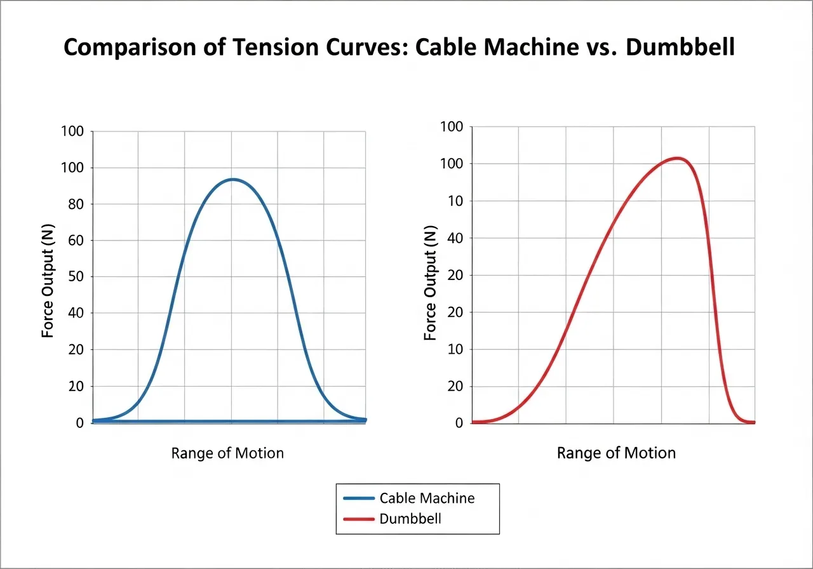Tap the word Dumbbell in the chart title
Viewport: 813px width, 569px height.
[x=680, y=48]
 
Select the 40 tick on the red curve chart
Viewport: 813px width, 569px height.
[x=455, y=238]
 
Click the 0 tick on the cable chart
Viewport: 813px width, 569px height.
[x=80, y=423]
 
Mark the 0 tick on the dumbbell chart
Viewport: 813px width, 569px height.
[x=459, y=423]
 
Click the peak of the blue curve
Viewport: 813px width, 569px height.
[x=233, y=179]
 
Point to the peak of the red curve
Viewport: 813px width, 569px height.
[x=678, y=158]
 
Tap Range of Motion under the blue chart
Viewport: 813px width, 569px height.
[x=227, y=453]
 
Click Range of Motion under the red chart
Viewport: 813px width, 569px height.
[x=616, y=453]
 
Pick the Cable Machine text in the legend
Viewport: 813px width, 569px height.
[x=427, y=498]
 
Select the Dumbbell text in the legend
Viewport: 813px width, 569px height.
[x=410, y=519]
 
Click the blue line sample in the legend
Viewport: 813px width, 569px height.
[x=358, y=498]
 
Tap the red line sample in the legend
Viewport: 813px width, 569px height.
[x=358, y=519]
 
